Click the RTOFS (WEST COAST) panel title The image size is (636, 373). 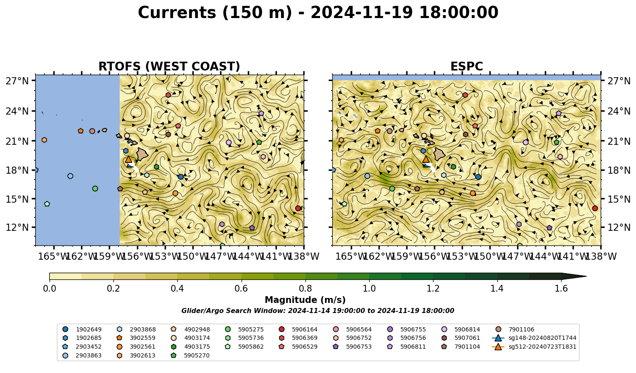[169, 66]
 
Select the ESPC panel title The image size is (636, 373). [466, 66]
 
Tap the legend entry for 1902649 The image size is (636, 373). [82, 329]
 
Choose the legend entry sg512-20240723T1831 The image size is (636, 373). [534, 347]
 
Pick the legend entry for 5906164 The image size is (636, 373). [298, 329]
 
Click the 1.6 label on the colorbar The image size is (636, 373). [561, 289]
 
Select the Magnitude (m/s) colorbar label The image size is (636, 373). [305, 300]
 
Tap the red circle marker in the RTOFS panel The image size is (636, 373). [298, 208]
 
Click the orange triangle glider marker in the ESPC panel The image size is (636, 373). [426, 159]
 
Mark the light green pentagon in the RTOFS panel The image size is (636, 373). [47, 204]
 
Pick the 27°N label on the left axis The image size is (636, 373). [17, 81]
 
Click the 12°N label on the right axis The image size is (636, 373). [619, 227]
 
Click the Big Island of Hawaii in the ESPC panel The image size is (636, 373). [439, 154]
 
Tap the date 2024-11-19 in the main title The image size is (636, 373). [361, 13]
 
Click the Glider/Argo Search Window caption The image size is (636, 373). [318, 311]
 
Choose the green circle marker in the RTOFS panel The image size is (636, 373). [95, 189]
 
